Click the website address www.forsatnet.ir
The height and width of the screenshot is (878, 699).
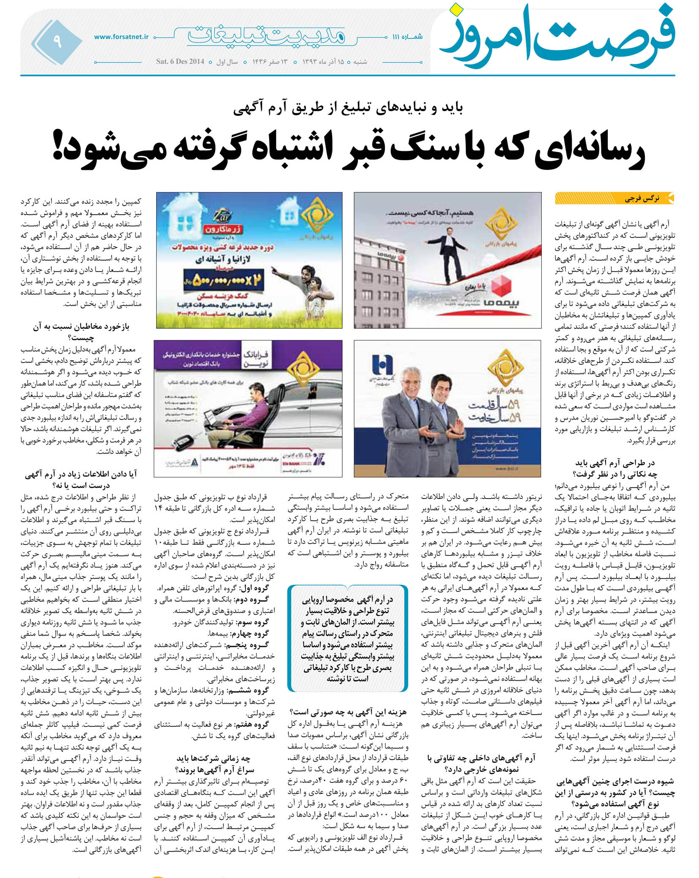[x=121, y=37]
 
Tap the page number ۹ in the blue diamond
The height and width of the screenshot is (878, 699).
[x=57, y=41]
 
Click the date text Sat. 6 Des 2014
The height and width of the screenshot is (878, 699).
[x=180, y=61]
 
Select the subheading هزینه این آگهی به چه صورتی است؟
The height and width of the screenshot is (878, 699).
[x=349, y=712]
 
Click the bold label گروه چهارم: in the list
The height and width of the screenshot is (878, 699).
[x=255, y=633]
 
